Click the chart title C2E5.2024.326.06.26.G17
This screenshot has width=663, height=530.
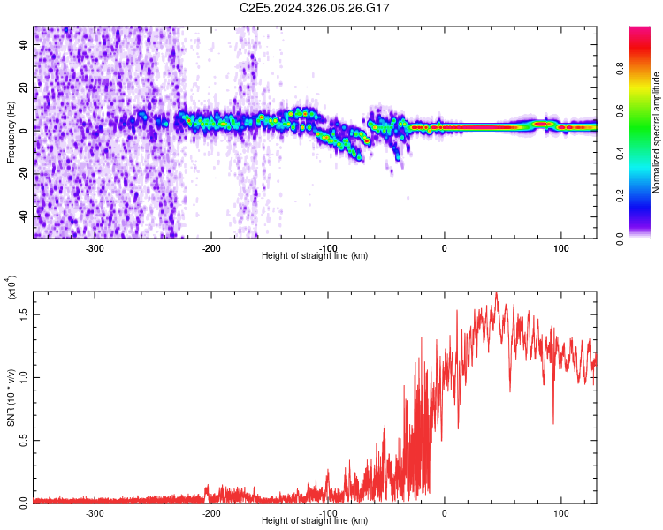pyautogui.click(x=316, y=8)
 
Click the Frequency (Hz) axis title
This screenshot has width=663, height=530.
pyautogui.click(x=11, y=132)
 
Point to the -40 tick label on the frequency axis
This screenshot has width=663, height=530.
pyautogui.click(x=22, y=216)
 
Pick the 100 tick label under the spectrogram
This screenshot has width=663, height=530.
pyautogui.click(x=560, y=247)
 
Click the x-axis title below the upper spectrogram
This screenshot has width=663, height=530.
pyautogui.click(x=315, y=256)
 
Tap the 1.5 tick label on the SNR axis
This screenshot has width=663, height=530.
pyautogui.click(x=24, y=314)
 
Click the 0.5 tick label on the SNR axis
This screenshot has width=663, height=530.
pyautogui.click(x=24, y=440)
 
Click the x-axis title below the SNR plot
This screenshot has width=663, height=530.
pyautogui.click(x=315, y=521)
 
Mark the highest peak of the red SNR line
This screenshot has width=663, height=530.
pyautogui.click(x=497, y=294)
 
